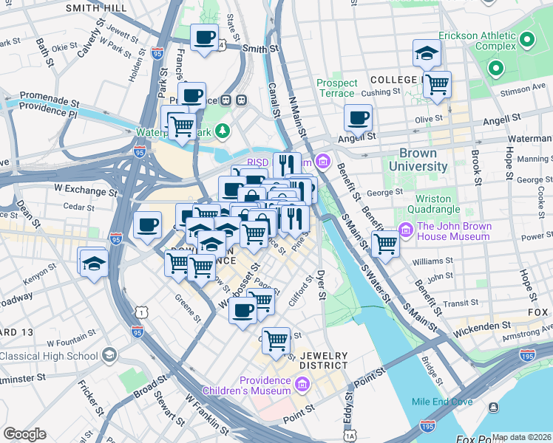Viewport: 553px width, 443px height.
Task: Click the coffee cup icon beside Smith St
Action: tap(204, 37)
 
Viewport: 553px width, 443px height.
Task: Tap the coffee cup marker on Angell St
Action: tap(358, 117)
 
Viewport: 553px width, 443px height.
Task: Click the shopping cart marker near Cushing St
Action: tap(437, 84)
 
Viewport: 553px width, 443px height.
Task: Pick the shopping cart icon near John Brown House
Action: tap(385, 243)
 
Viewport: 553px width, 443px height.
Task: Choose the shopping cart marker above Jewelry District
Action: tap(276, 341)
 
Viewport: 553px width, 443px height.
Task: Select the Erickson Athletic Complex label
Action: tap(476, 41)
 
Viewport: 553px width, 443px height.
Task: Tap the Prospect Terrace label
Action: tap(336, 89)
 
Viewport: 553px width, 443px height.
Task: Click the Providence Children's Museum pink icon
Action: tap(302, 385)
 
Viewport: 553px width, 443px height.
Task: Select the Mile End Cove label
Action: tap(442, 402)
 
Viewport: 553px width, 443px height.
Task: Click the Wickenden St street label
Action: tap(482, 325)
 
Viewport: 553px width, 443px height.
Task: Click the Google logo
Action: tap(24, 434)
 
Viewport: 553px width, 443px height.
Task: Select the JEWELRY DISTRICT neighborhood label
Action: tap(323, 360)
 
